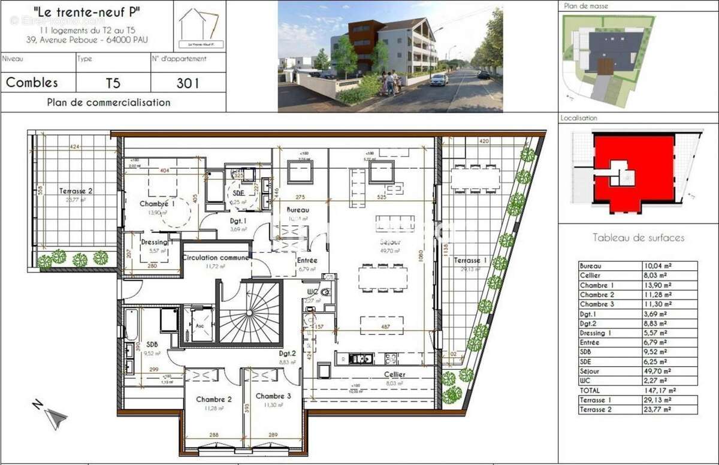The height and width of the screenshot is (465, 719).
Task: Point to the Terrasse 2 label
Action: point(76,191)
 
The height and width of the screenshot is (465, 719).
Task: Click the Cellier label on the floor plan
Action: point(395,375)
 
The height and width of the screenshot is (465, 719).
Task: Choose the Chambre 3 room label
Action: point(273,396)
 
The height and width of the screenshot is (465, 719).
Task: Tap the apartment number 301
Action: point(188,83)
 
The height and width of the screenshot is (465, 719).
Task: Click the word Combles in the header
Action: point(32,83)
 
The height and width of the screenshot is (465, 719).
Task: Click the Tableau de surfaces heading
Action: point(638,238)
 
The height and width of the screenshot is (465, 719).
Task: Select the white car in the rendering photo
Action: point(439,79)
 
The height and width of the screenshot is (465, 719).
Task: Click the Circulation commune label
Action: point(216,258)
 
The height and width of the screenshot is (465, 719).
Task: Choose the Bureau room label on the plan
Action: point(298,210)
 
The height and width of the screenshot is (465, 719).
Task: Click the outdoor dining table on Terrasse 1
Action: point(476,178)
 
